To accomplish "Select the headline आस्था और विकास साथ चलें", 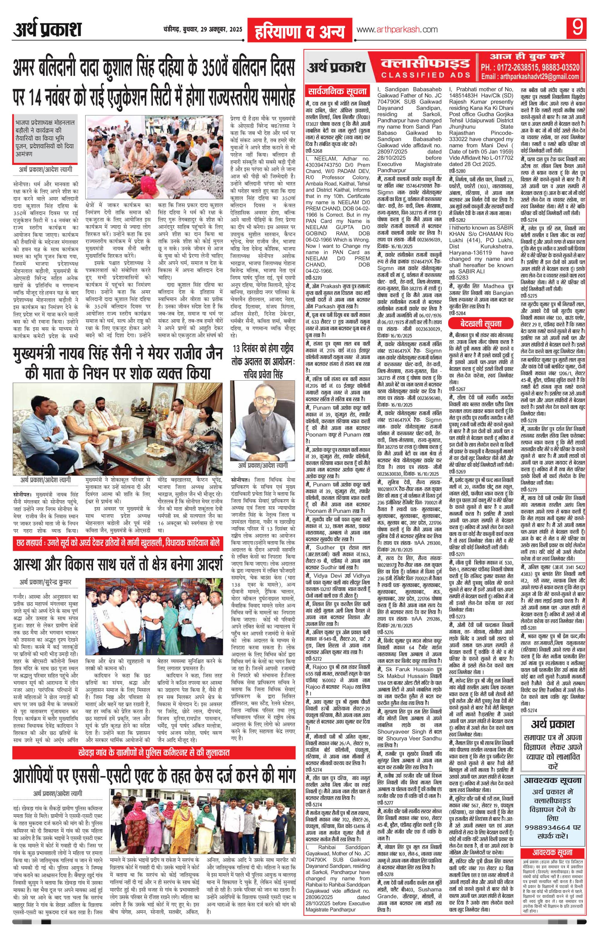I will tap(117, 564).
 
